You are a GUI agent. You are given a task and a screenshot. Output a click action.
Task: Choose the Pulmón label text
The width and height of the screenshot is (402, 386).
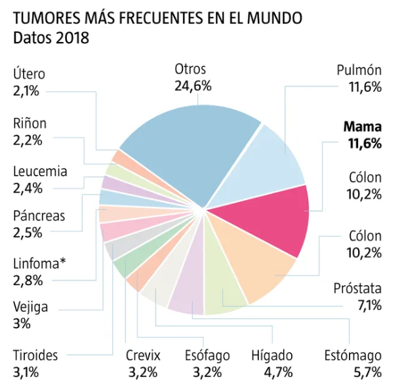pos(359,70)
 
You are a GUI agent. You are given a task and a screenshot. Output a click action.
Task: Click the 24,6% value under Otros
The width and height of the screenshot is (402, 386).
pos(191,86)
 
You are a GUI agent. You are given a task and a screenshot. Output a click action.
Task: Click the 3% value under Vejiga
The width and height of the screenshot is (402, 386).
pos(21,324)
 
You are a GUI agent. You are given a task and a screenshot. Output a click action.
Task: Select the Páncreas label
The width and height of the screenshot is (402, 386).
pos(39,216)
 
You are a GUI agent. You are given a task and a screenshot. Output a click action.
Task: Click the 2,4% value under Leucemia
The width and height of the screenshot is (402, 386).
pos(28,188)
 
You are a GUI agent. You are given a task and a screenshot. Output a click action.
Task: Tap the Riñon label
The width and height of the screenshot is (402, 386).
pos(30,123)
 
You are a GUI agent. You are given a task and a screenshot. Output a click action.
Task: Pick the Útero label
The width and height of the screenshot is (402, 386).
pos(29,74)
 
